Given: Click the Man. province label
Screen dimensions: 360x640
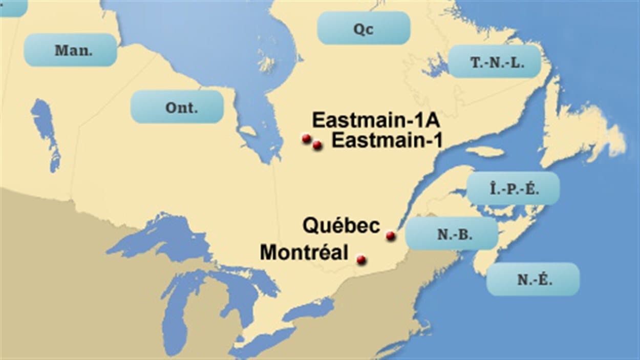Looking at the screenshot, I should click(71, 50).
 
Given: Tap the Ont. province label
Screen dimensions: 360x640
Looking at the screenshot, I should click(177, 107).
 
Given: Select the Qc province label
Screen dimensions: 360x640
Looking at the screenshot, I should click(364, 29).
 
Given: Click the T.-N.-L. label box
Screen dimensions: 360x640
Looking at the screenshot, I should click(495, 61).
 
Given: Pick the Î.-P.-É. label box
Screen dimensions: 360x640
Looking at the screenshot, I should click(513, 188).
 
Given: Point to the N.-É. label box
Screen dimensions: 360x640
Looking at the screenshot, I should click(533, 279).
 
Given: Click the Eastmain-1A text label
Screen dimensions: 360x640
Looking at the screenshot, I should click(376, 121).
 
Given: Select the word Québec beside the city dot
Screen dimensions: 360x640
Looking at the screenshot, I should click(342, 226).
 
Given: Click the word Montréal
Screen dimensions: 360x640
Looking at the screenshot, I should click(304, 252).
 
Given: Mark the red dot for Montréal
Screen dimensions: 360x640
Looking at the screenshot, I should click(361, 260).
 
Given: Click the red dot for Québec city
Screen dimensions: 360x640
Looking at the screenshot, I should click(390, 236).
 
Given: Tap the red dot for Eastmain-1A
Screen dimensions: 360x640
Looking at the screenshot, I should click(306, 138).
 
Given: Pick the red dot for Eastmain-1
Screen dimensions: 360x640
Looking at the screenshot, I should click(317, 145).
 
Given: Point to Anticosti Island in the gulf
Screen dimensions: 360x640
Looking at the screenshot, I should click(484, 152).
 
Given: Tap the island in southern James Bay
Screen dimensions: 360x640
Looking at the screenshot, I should click(248, 131).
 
